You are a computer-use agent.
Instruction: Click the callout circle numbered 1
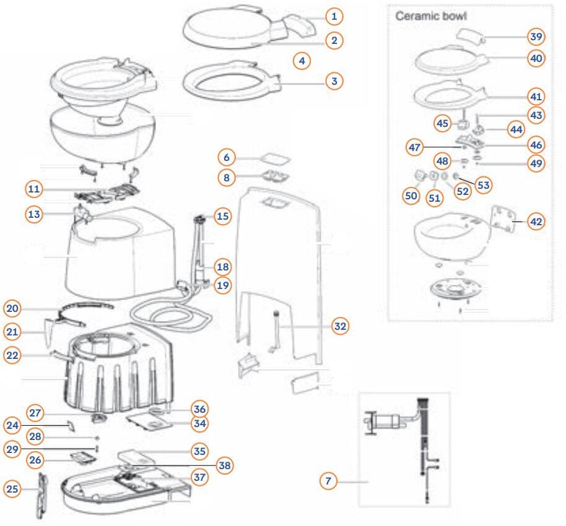click(333, 15)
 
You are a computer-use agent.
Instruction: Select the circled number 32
click(339, 326)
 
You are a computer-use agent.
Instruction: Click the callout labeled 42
click(536, 220)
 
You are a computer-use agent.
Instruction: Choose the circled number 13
click(34, 214)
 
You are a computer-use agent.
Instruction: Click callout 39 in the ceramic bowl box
click(536, 37)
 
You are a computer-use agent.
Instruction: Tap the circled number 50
click(411, 196)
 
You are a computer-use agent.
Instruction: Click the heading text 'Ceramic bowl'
click(431, 15)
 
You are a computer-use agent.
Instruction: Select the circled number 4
click(301, 61)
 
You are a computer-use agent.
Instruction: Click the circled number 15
click(222, 216)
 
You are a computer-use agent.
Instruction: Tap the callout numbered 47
click(415, 147)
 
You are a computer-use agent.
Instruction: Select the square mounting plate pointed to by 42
click(503, 220)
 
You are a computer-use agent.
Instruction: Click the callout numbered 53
click(483, 184)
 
